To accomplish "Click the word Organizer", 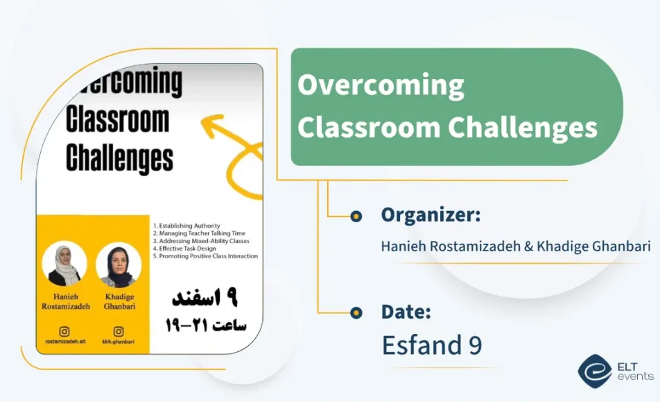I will tap(431, 215).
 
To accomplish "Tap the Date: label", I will tap(406, 312).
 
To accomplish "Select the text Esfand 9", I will tap(431, 344).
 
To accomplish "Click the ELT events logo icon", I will tap(595, 369).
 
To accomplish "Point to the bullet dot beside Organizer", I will tap(356, 216).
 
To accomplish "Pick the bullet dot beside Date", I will tap(356, 312).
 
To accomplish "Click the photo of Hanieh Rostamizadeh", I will tap(64, 264).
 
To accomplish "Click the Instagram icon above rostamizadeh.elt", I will tap(64, 332).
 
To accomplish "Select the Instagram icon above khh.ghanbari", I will tap(119, 332).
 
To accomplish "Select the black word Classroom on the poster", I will tap(117, 120).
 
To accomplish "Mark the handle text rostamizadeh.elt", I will tap(64, 342).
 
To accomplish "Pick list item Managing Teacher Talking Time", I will tap(199, 233).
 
